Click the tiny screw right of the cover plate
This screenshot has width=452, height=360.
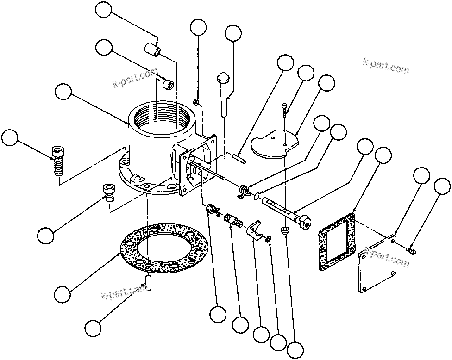point(411,250)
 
